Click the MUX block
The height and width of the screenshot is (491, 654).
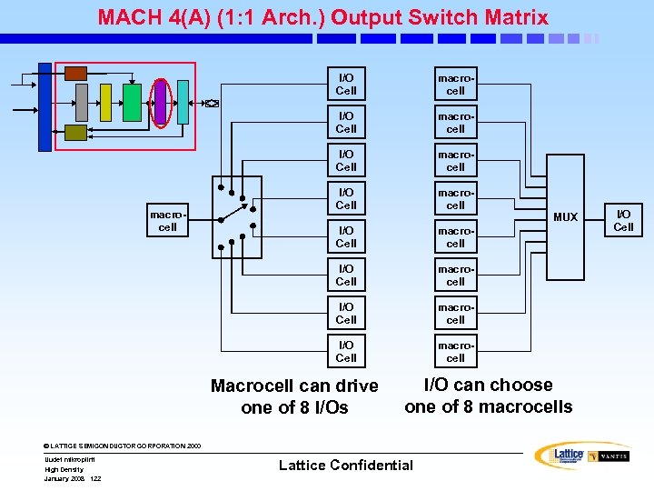point(565,216)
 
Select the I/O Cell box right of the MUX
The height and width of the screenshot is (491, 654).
point(623,220)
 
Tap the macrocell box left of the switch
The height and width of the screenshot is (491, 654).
point(167,221)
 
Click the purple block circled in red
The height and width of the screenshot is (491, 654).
point(161,101)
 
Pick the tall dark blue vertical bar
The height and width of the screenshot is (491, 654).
point(45,107)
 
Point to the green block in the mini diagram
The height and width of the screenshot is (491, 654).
point(133,102)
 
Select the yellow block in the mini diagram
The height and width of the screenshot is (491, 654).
point(105,102)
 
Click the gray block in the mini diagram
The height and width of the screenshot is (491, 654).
point(80,102)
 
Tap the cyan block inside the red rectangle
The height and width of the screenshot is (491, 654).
point(183,102)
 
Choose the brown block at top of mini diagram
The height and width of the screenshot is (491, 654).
point(76,73)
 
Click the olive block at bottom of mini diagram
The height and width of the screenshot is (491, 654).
point(76,133)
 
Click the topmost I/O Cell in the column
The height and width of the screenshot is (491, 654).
point(346,85)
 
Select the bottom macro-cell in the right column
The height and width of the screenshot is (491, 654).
point(455,352)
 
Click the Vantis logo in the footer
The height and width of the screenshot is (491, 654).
point(609,456)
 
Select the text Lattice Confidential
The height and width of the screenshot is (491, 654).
point(345,465)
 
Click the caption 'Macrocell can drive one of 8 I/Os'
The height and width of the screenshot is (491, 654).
point(294,396)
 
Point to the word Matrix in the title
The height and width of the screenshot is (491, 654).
point(517,17)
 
